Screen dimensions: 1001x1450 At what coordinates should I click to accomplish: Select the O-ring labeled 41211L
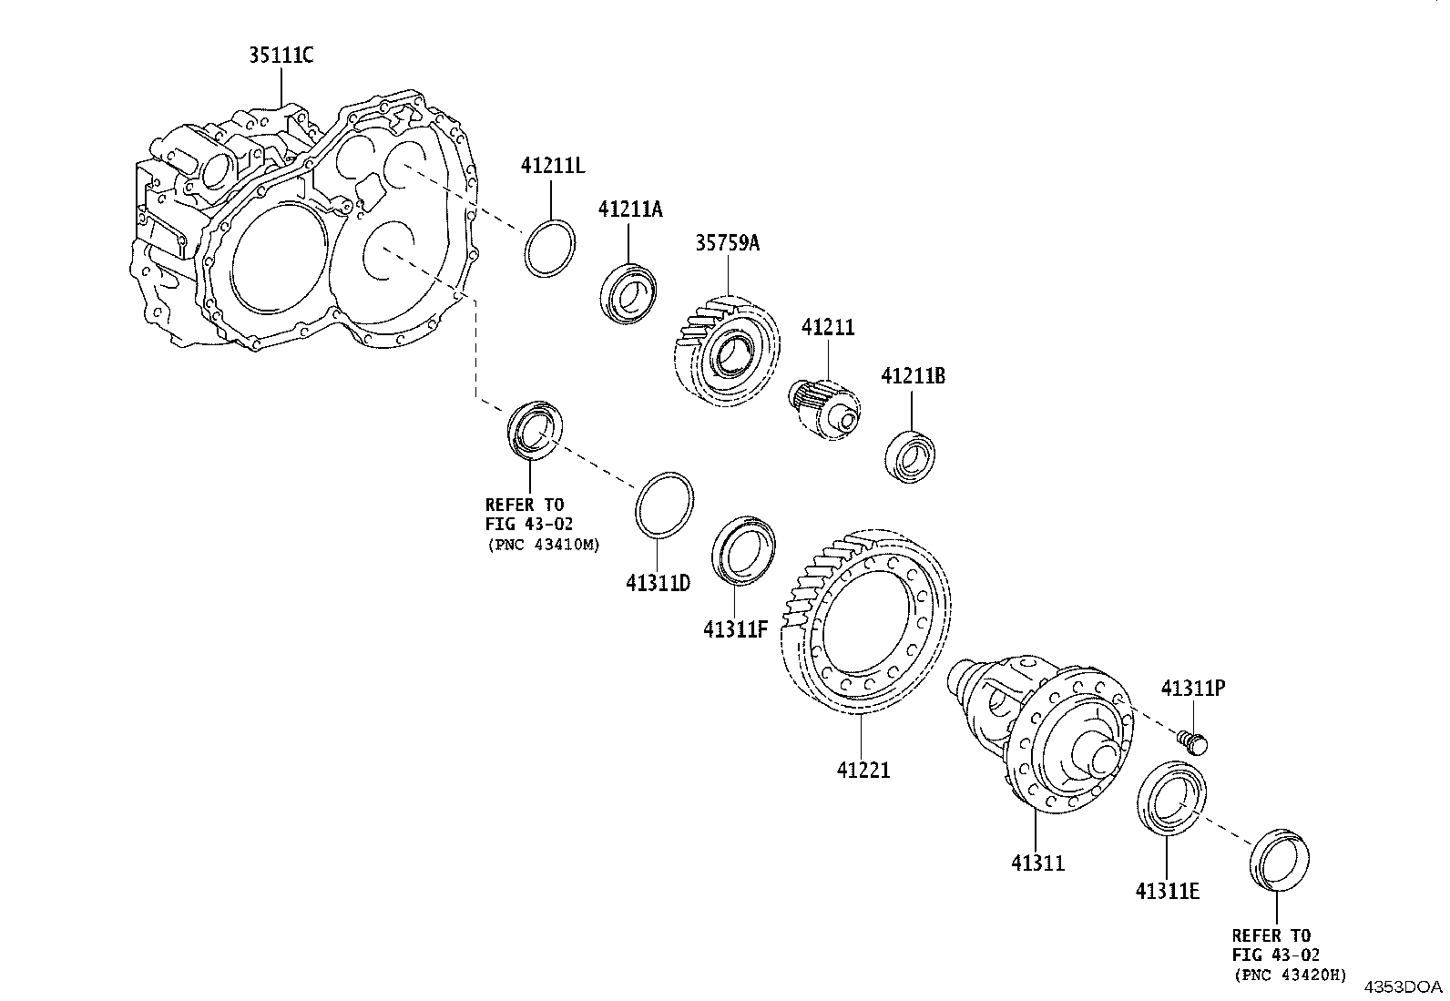pos(550,247)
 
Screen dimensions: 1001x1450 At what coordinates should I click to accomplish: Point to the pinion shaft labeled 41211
pos(823,405)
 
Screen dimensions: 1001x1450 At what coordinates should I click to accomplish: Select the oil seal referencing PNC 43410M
pos(534,428)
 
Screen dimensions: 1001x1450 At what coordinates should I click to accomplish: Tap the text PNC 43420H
pos(1290,975)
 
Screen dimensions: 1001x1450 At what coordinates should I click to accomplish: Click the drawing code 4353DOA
pos(1403,986)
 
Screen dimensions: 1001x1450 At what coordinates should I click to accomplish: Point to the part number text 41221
pos(863,770)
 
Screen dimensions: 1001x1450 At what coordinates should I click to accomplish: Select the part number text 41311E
pos(1167,891)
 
